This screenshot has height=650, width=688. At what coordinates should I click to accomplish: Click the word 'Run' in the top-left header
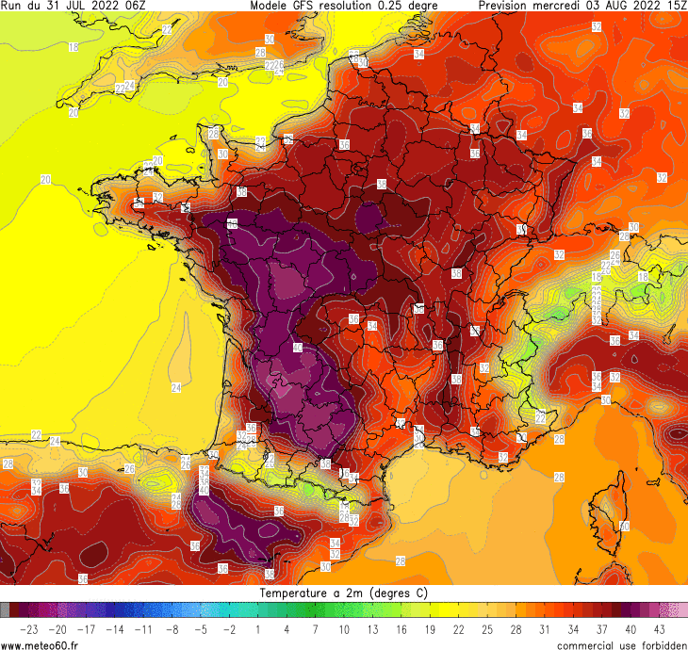(x=11, y=6)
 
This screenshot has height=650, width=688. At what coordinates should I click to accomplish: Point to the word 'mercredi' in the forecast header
(x=561, y=6)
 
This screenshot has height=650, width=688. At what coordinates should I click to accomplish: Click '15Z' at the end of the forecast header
(x=675, y=6)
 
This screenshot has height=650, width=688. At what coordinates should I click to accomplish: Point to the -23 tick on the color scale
(x=29, y=628)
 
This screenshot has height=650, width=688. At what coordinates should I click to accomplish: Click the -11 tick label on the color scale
(x=144, y=628)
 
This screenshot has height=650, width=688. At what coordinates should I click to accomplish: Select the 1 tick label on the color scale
(x=258, y=628)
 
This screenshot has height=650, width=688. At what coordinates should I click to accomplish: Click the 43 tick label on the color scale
(x=659, y=628)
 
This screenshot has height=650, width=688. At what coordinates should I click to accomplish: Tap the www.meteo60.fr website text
(x=40, y=644)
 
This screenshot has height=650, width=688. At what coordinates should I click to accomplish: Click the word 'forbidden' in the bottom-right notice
(x=660, y=644)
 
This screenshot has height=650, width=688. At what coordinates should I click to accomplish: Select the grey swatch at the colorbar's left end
(x=5, y=609)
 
